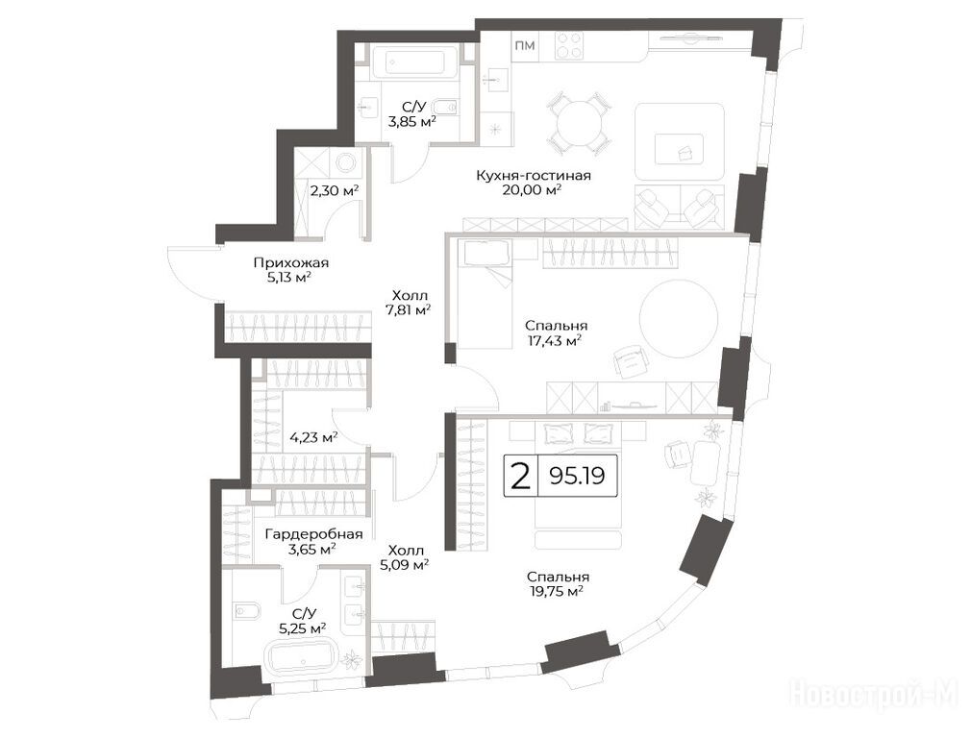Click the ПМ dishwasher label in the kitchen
tap(525, 45)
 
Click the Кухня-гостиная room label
tap(534, 175)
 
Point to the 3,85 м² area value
tap(411, 121)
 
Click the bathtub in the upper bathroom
tap(415, 62)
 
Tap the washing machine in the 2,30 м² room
tap(345, 162)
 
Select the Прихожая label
tap(291, 262)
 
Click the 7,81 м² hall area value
tap(409, 309)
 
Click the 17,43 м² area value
tap(555, 339)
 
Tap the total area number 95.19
tap(577, 476)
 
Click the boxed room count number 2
tap(522, 476)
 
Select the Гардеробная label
tap(313, 533)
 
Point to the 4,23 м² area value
tap(313, 437)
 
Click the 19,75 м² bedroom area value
tap(556, 591)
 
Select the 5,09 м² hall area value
tap(406, 564)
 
